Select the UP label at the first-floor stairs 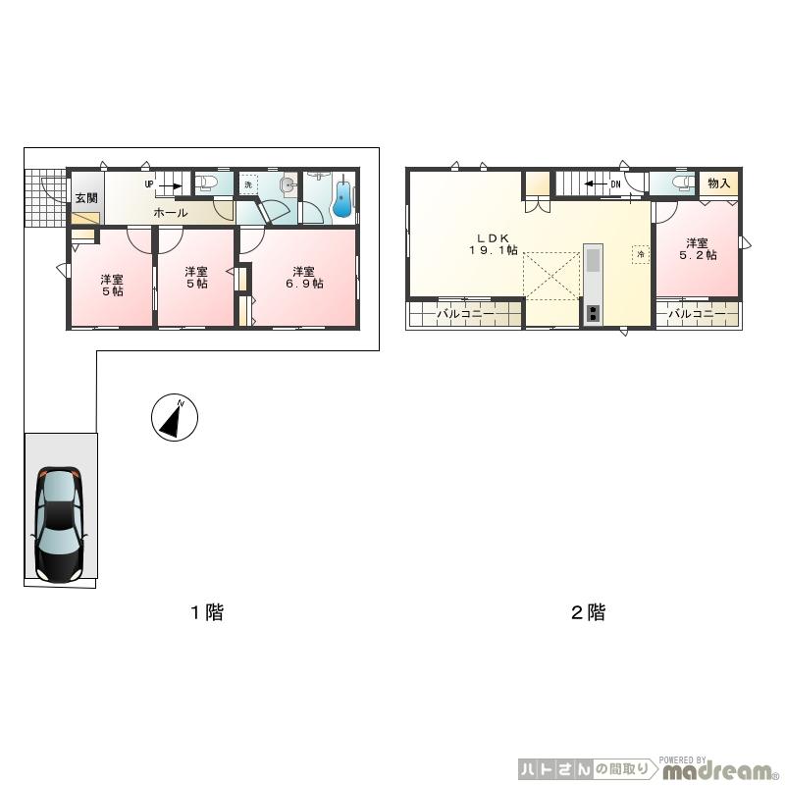click(x=149, y=183)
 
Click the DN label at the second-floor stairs click(x=615, y=183)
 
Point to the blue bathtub click(x=342, y=198)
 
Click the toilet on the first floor click(x=207, y=184)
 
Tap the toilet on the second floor click(x=677, y=184)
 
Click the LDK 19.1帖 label click(x=491, y=244)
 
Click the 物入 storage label click(x=718, y=183)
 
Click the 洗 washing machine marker click(x=249, y=184)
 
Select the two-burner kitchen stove click(x=594, y=314)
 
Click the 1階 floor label click(x=206, y=613)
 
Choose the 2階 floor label click(x=588, y=613)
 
